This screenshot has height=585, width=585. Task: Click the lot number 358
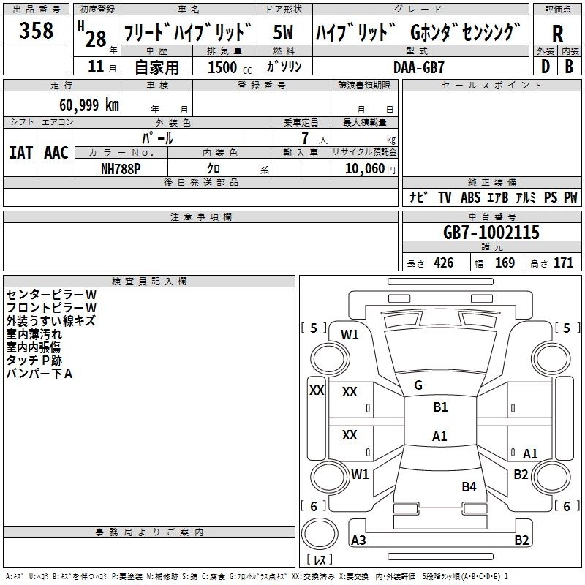(x=36, y=30)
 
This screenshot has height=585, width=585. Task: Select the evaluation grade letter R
(x=557, y=34)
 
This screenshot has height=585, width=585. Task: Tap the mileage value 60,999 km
(x=89, y=105)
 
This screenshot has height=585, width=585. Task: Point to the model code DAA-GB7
(x=419, y=67)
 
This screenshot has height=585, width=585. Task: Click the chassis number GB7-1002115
(x=491, y=233)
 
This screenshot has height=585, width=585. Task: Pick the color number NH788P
(x=121, y=169)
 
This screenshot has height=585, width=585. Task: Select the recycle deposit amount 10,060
(x=365, y=169)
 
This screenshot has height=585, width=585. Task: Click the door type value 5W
(x=283, y=32)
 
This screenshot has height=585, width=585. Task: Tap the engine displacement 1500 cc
(x=230, y=67)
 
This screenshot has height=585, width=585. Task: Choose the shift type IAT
(x=20, y=153)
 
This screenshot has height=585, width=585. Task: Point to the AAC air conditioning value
(x=56, y=153)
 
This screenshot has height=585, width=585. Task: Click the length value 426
(x=444, y=263)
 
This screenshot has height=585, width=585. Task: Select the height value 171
(x=563, y=263)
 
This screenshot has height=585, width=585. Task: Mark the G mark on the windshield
(x=418, y=385)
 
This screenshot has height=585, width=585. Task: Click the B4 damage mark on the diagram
(x=469, y=486)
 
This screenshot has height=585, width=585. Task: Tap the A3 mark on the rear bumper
(x=358, y=540)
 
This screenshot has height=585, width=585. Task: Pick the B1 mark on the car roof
(x=440, y=407)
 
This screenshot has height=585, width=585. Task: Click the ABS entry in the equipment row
(x=470, y=197)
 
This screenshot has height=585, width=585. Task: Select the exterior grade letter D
(x=546, y=67)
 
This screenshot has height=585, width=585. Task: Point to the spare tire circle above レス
(x=320, y=535)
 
